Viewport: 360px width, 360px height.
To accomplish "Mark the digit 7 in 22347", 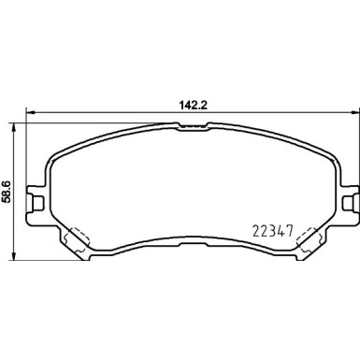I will [295, 228].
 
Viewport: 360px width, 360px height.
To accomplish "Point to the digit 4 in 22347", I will [285, 228].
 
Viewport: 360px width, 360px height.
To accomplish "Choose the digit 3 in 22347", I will [276, 228].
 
